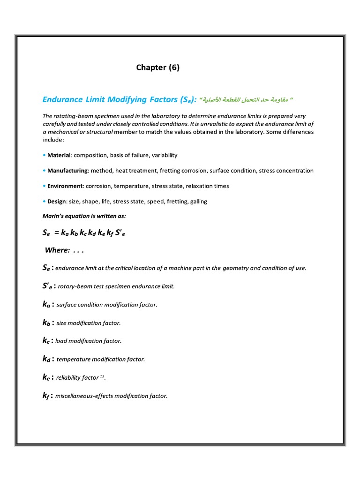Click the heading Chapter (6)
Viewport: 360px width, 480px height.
[x=157, y=67]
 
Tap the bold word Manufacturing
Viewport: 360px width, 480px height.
[x=67, y=171]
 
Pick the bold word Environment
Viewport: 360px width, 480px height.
[x=65, y=186]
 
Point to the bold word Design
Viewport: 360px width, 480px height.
[x=56, y=202]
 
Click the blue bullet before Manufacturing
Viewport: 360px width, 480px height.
[x=44, y=171]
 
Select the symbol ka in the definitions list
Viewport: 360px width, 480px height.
[x=47, y=304]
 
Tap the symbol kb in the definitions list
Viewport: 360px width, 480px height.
[x=47, y=322]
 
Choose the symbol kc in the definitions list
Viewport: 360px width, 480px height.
[x=46, y=341]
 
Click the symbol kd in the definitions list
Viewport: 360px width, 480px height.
[x=47, y=359]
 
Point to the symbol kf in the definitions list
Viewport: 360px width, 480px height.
[x=46, y=396]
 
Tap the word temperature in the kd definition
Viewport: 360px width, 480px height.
[x=72, y=360]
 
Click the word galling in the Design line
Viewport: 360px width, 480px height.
[x=197, y=202]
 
